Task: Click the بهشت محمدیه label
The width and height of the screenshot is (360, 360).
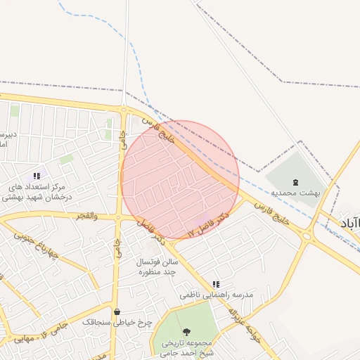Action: click(295, 192)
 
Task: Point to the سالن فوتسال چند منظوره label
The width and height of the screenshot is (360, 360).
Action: click(155, 266)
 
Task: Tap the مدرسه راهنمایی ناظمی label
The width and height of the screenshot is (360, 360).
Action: click(216, 296)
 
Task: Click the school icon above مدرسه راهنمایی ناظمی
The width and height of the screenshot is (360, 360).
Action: click(216, 284)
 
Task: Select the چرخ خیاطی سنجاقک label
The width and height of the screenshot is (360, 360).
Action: click(117, 321)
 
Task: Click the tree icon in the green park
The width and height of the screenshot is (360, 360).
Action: click(186, 331)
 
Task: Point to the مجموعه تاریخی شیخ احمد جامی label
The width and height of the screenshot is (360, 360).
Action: click(186, 349)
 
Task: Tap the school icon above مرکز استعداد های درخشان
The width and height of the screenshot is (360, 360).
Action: click(37, 176)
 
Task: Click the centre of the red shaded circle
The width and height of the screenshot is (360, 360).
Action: click(180, 179)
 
